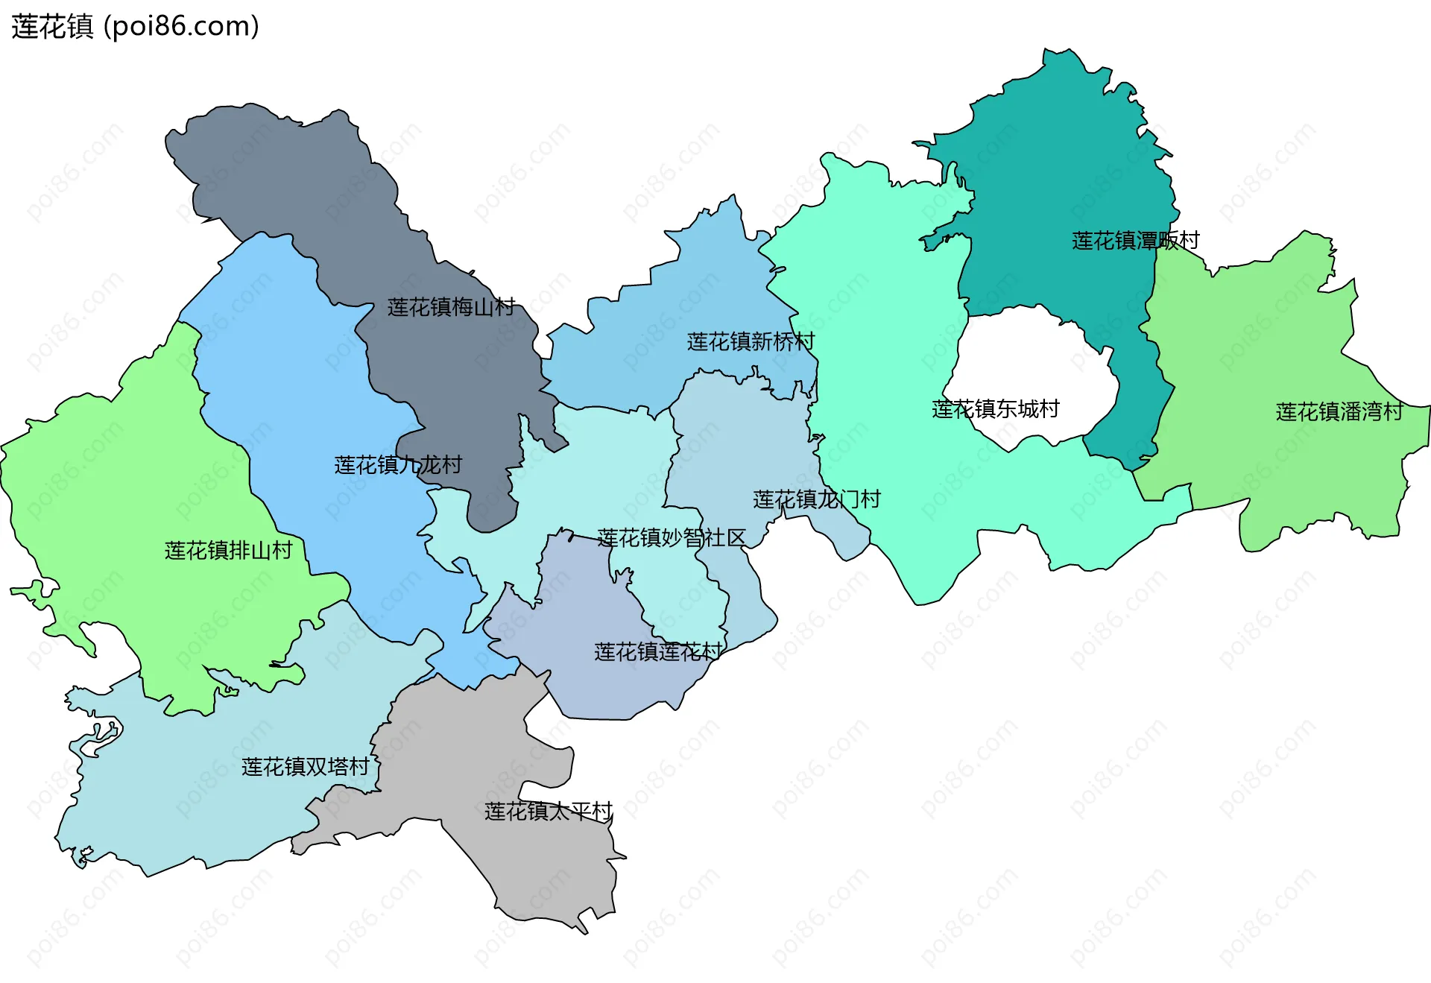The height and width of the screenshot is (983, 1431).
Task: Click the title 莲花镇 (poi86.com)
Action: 135,26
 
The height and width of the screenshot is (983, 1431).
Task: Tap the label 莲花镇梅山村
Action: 451,307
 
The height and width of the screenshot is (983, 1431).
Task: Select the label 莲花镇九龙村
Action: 398,465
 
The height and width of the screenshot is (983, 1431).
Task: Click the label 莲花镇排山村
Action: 228,551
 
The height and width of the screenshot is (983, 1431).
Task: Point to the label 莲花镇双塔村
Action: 305,767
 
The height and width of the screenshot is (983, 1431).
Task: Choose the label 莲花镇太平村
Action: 548,812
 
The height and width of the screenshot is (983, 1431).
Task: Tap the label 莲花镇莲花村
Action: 658,652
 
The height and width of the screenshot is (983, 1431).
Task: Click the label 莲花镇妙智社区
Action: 671,538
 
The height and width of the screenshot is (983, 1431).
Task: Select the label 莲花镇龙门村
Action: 817,499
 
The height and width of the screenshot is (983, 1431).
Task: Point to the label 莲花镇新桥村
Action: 751,342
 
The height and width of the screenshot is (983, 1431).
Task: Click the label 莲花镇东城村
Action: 995,409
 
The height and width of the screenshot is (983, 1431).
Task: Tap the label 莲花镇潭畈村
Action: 1135,241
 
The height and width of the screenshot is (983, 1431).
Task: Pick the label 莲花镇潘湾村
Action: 1339,412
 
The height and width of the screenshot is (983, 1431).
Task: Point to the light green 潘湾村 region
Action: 1267,335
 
